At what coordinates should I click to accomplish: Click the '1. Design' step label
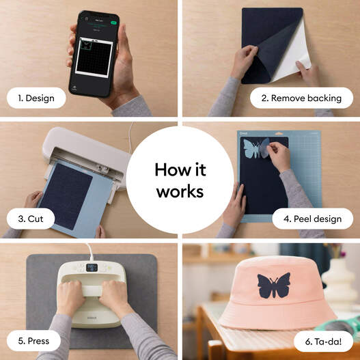tap(36, 98)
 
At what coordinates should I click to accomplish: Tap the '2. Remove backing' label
tap(301, 98)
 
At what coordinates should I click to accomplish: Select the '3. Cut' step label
tap(31, 219)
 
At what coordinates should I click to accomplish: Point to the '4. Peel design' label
tap(312, 219)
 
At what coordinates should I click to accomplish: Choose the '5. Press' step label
tap(33, 341)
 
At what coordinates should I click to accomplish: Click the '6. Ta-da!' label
tap(323, 342)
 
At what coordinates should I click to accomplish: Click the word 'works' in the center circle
tap(180, 192)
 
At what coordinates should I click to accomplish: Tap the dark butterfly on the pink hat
tap(274, 286)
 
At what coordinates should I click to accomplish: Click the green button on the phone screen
tap(113, 23)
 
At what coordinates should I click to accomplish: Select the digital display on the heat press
tap(92, 268)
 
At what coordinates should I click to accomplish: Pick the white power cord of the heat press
tap(90, 252)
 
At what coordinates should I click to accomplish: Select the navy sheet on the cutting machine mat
tap(66, 196)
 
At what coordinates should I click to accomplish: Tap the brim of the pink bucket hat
tap(277, 314)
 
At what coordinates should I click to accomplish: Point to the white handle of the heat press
tap(92, 291)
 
